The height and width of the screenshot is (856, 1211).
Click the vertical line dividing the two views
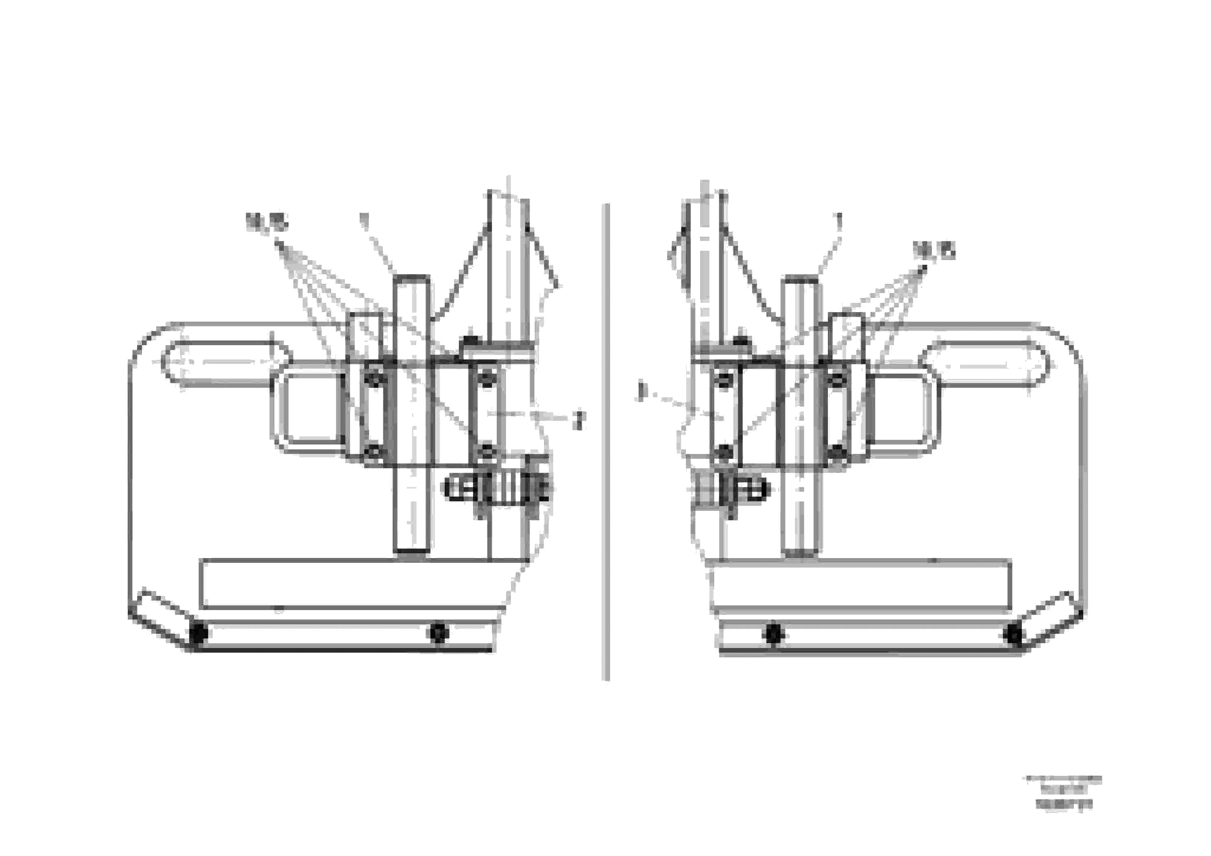pyautogui.click(x=605, y=443)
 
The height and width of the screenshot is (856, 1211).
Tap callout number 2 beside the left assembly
pyautogui.click(x=579, y=420)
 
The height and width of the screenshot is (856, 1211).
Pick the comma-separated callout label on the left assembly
pyautogui.click(x=267, y=223)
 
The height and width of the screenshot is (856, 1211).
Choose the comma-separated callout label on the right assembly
pyautogui.click(x=934, y=250)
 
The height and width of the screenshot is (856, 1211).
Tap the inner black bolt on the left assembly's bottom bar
pyautogui.click(x=439, y=632)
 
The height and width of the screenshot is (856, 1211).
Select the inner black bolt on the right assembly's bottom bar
pyautogui.click(x=773, y=633)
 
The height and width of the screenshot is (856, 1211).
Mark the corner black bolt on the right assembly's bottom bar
pyautogui.click(x=1014, y=633)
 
